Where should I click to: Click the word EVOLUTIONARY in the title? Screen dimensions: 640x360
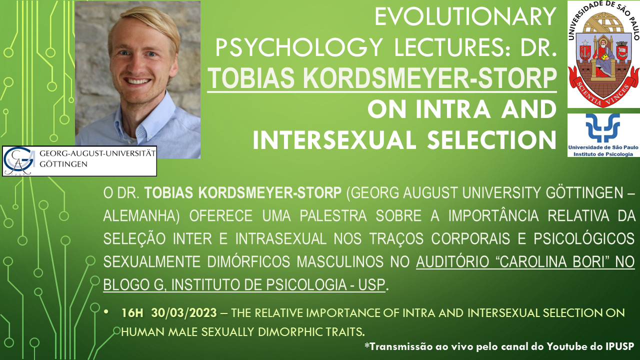pos(465,16)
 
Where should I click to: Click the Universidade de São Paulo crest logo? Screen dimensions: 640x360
pos(603,54)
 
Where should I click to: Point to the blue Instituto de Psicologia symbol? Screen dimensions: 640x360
pos(602,127)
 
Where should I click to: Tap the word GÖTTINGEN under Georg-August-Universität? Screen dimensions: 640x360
pos(63,164)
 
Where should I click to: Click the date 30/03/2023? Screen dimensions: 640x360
pos(184,313)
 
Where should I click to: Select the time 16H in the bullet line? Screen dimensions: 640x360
pos(132,313)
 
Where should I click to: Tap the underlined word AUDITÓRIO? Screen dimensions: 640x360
pos(452,261)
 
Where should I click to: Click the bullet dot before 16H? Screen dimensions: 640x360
pos(106,311)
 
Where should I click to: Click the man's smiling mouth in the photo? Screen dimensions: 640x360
pos(138,81)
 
